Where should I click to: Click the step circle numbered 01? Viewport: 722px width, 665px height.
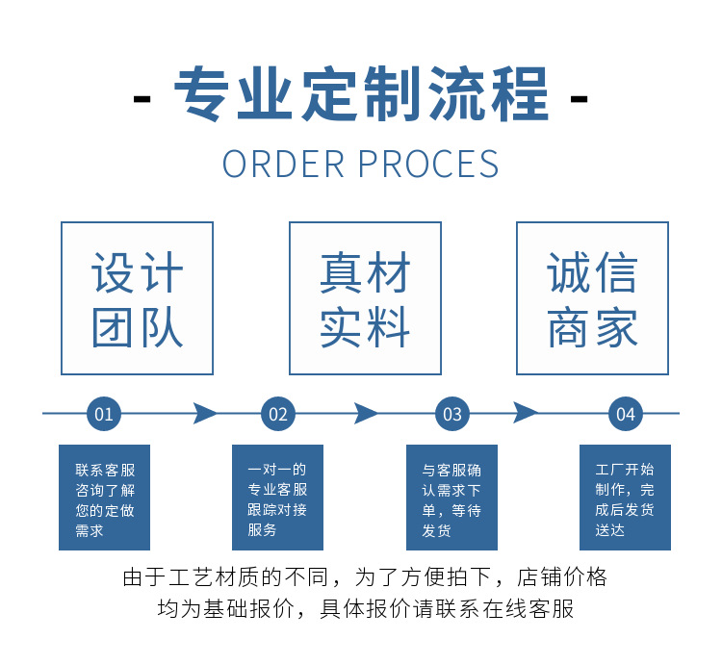(x=104, y=415)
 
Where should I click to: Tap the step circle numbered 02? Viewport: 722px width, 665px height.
(x=278, y=415)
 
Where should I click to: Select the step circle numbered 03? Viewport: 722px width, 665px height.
(x=451, y=415)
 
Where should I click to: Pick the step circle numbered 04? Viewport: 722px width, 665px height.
(x=626, y=415)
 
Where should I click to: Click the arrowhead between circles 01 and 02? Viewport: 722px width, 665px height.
(x=205, y=414)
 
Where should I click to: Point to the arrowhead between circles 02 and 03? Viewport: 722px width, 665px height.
(x=366, y=414)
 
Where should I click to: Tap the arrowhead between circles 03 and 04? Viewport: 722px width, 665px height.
(x=526, y=414)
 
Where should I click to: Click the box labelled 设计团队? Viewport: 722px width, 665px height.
(x=137, y=298)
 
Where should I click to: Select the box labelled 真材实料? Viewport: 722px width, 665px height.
(x=365, y=298)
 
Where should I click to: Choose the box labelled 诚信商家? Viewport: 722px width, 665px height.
(x=592, y=298)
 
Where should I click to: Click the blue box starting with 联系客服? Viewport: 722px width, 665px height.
(x=104, y=498)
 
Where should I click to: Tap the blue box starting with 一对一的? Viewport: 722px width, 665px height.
(x=277, y=498)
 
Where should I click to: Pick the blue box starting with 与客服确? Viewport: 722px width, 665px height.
(x=451, y=498)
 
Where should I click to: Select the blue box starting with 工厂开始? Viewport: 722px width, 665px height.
(x=625, y=498)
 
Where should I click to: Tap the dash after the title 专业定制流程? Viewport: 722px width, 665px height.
(x=580, y=98)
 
